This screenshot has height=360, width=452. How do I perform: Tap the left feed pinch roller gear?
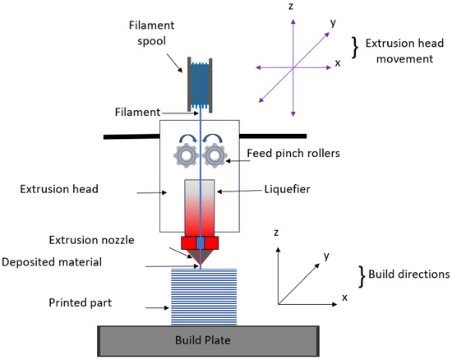tap(187, 155)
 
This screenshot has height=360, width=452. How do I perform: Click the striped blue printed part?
tap(202, 297)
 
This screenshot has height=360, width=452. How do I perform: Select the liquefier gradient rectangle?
tap(201, 205)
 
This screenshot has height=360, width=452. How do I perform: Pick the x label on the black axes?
tap(345, 297)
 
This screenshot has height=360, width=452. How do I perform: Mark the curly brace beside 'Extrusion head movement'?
tap(355, 48)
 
